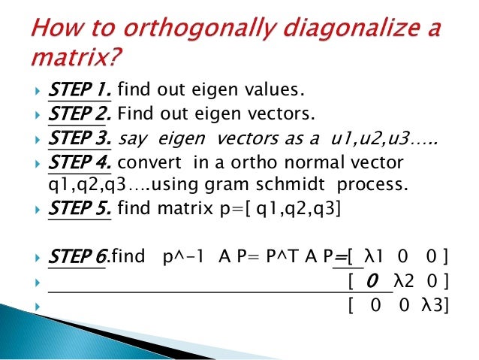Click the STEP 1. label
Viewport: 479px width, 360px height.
[79, 92]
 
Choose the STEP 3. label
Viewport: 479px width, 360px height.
[80, 139]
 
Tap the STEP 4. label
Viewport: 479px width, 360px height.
[80, 163]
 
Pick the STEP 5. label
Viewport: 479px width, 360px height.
[80, 211]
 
